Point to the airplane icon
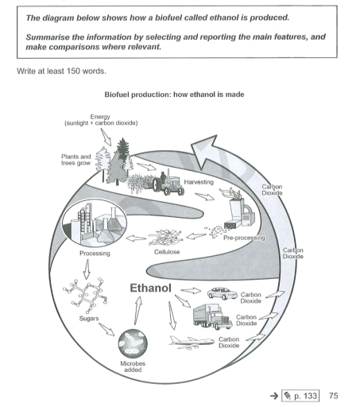click(191, 342)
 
